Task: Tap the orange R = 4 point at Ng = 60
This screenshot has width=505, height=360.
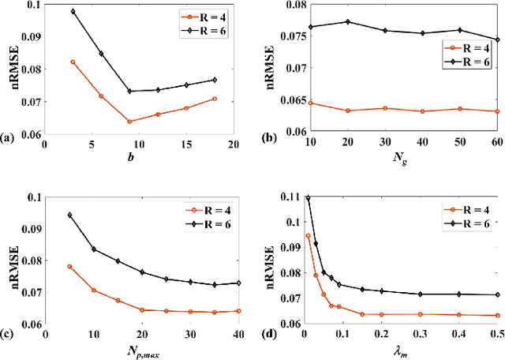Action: (x=497, y=111)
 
